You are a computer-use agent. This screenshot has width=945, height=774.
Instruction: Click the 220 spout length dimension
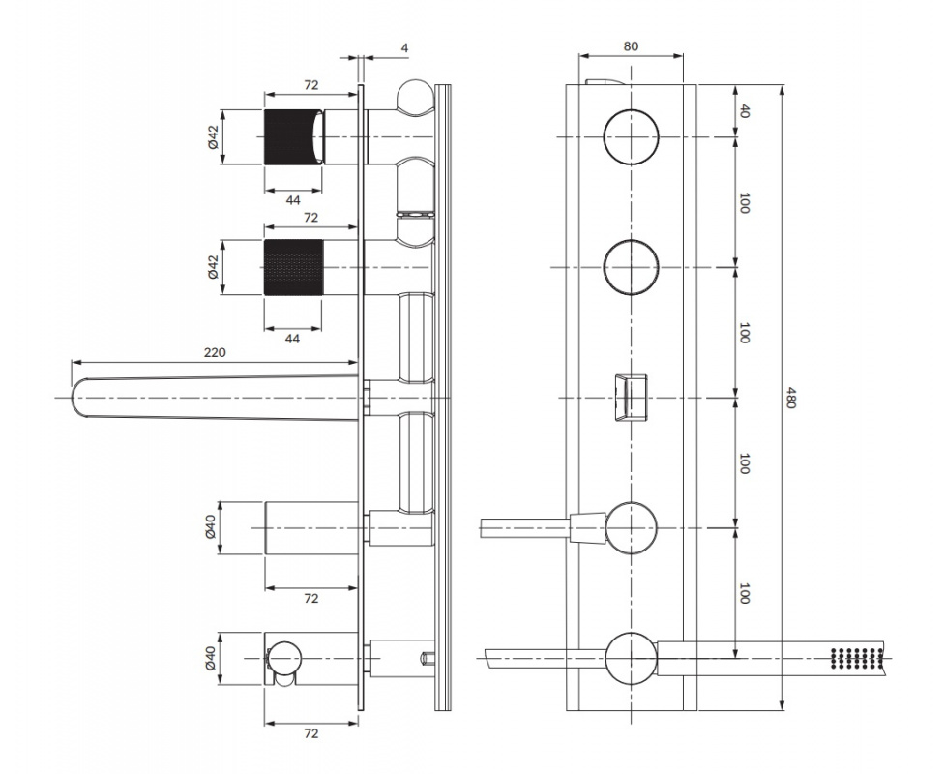pos(215,352)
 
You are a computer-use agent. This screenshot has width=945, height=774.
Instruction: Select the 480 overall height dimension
pos(790,399)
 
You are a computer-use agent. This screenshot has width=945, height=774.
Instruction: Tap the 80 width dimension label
pos(631,46)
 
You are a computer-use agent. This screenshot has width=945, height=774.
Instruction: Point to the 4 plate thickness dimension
pos(404,47)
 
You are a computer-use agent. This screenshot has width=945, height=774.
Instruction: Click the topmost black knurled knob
pos(293,136)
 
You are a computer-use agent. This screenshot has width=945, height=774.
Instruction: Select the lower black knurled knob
pos(293,267)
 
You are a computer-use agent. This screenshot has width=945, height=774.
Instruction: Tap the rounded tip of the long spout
pos(76,398)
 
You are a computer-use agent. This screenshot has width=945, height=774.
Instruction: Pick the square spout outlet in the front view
pos(631,398)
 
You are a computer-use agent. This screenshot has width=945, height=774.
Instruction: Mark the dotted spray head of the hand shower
pos(856,658)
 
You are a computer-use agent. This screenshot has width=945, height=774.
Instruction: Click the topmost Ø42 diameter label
pos(213,136)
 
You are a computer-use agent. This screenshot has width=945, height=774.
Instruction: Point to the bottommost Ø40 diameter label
pos(210,658)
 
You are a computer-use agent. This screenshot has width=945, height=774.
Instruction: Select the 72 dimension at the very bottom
pos(310,733)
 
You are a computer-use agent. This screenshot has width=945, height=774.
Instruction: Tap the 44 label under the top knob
pos(293,199)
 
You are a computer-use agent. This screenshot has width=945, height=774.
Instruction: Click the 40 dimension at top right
pos(745,111)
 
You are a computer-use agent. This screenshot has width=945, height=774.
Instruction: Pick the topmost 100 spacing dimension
pos(745,202)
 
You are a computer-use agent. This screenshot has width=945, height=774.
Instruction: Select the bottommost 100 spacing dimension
pos(745,593)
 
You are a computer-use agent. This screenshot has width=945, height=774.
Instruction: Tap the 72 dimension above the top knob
pos(311,85)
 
